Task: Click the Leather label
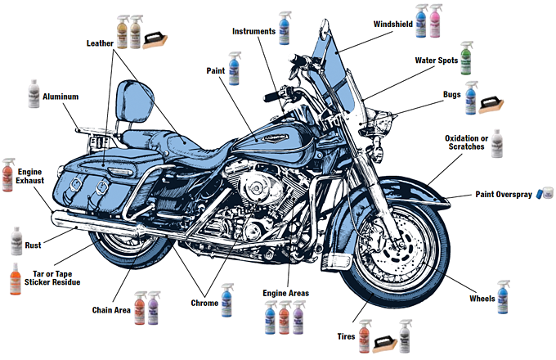click(x=102, y=42)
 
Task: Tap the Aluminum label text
click(x=61, y=97)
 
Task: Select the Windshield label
click(x=392, y=24)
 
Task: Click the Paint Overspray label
click(x=504, y=195)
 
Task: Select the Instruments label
click(x=253, y=31)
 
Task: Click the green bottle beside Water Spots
click(x=466, y=59)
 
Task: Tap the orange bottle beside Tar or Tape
click(x=15, y=280)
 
